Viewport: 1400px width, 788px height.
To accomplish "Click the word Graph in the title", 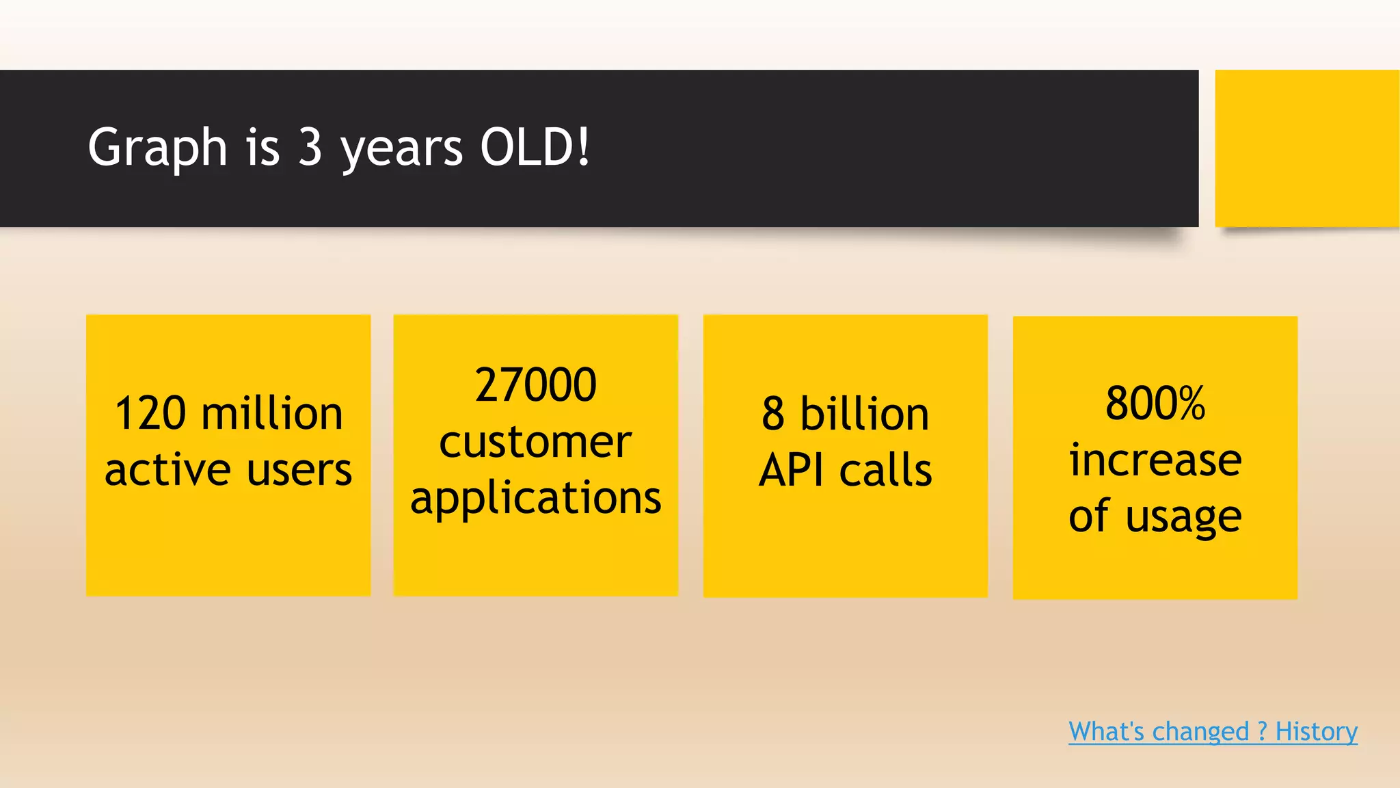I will point(157,147).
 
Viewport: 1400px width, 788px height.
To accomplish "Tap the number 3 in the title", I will point(310,147).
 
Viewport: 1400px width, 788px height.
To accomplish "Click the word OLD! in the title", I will point(535,147).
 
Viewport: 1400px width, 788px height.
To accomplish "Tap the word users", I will point(299,470).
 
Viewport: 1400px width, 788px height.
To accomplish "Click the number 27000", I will point(535,384).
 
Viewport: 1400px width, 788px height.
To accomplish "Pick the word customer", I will point(535,442).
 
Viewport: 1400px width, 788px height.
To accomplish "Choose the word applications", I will point(535,498).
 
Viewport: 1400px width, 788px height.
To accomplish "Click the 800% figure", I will point(1155,403).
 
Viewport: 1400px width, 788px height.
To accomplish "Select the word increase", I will point(1155,460).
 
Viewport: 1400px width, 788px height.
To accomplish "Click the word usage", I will point(1183,516).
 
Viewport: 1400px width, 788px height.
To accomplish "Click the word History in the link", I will point(1316,731).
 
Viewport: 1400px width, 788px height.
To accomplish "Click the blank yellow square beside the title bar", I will point(1306,148).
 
